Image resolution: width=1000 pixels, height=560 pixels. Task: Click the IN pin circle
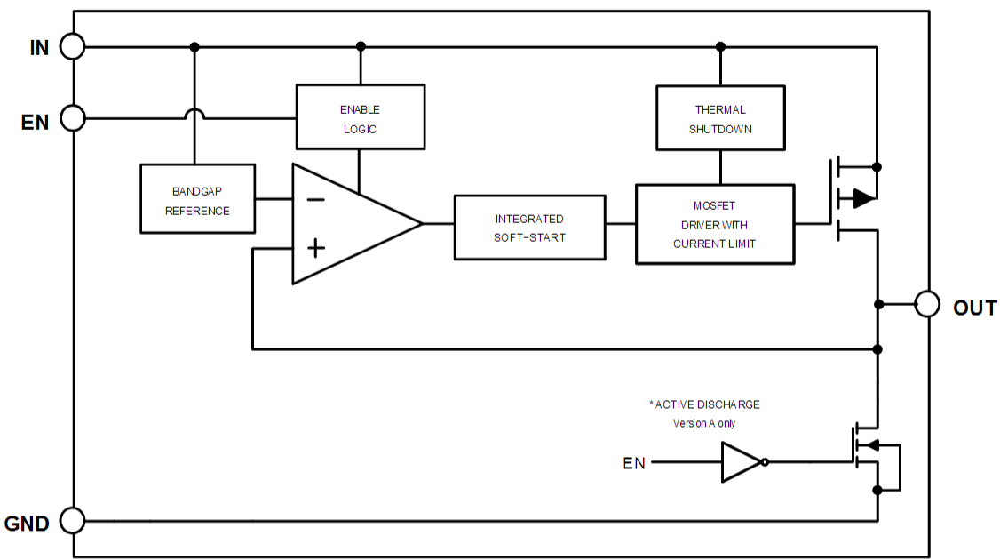coord(72,46)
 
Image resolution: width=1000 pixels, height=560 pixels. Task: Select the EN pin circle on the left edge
coord(72,117)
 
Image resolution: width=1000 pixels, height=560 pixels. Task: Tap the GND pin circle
coord(72,521)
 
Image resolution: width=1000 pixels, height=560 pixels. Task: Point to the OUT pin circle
coord(927,304)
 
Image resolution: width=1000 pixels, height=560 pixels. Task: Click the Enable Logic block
coord(360,116)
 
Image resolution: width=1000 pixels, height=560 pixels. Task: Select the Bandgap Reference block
coord(197,199)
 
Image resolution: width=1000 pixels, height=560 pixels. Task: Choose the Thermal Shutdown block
coord(720,117)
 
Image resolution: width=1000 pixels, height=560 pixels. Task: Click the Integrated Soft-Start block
coord(529,228)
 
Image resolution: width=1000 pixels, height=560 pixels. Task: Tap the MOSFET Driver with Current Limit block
coord(714,224)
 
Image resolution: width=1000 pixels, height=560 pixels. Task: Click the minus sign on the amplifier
coord(314,199)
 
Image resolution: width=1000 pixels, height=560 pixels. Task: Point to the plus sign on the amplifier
coord(314,248)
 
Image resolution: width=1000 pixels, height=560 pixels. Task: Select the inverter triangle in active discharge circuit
coord(739,462)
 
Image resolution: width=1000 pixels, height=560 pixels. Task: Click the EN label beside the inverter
coord(634,462)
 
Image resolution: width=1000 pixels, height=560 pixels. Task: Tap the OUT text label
coord(974,308)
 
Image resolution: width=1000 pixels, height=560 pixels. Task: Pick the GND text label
coord(28,524)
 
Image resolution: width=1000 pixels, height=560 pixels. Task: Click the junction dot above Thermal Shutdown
coord(720,46)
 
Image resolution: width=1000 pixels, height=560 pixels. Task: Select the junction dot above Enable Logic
coord(360,46)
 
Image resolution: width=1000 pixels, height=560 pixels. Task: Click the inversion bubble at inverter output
coord(765,462)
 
